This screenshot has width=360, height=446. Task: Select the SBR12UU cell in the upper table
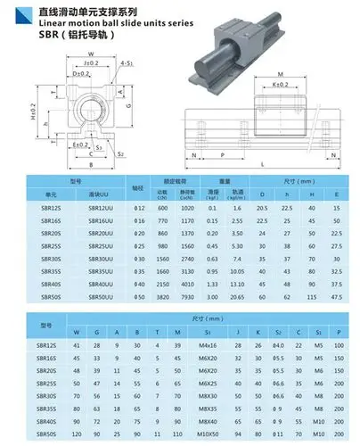click(x=100, y=207)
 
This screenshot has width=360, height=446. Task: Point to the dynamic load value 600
click(x=163, y=207)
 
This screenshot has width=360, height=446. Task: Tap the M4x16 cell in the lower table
click(x=208, y=344)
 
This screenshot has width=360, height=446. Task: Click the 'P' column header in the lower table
click(x=338, y=332)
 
